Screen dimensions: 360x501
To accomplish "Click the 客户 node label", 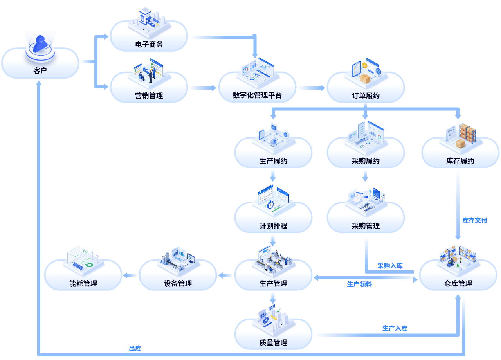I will click(40, 71).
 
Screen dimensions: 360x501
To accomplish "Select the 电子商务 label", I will click(149, 45).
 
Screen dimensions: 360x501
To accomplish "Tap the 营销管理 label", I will click(149, 95).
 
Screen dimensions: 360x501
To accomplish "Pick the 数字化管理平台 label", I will click(257, 95).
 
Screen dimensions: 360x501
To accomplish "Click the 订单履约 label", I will click(366, 95).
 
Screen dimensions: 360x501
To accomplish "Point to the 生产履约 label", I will click(273, 161).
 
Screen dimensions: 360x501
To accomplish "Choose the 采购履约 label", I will click(366, 161).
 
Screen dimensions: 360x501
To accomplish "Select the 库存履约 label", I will click(460, 161).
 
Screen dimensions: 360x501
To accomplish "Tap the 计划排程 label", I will click(273, 226).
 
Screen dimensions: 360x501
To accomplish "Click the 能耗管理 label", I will click(83, 283).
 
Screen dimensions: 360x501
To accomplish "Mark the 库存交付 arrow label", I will click(474, 220).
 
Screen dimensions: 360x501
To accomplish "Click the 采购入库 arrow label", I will click(390, 266).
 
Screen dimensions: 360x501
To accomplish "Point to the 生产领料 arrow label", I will click(359, 284).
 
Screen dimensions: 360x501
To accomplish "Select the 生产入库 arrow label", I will click(395, 328).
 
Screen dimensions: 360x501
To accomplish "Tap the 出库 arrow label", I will click(135, 348).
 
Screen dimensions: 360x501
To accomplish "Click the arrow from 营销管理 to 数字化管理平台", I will click(203, 88).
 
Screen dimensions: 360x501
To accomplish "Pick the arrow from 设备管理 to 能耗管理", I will click(130, 275).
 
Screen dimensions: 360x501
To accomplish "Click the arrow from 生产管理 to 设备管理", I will click(225, 275).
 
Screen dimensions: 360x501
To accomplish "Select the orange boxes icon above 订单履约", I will click(365, 79).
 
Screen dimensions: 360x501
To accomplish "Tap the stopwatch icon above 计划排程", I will click(270, 204).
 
